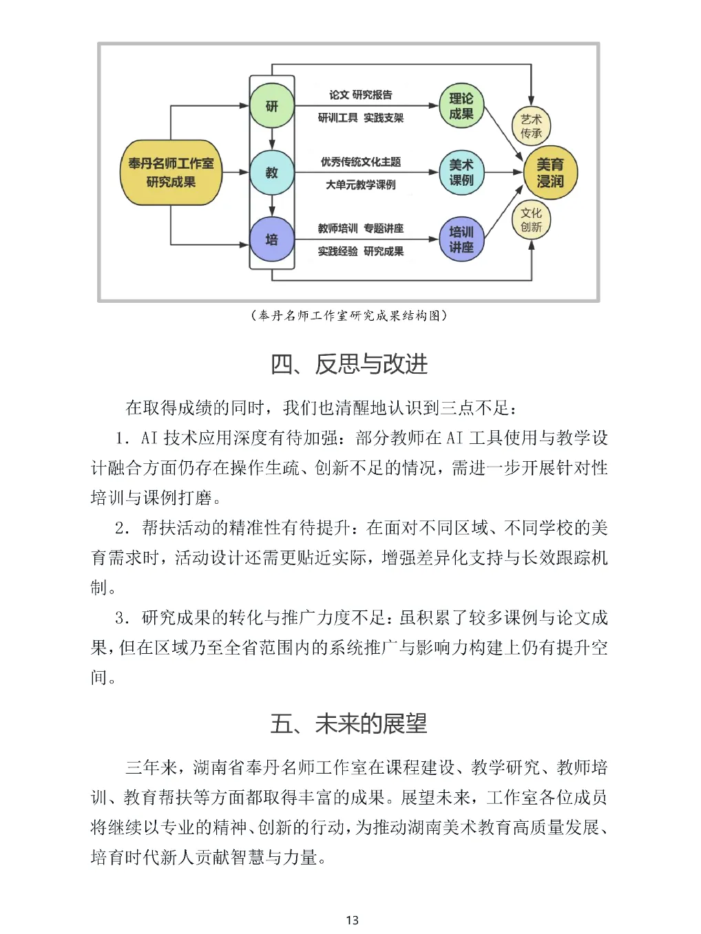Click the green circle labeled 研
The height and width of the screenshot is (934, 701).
(272, 106)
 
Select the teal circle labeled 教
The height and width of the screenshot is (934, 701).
(272, 173)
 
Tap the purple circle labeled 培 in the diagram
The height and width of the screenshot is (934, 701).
(272, 240)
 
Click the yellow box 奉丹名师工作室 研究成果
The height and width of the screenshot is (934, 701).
(171, 173)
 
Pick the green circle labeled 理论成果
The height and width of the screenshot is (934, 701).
(461, 106)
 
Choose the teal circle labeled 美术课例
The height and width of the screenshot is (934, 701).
(461, 173)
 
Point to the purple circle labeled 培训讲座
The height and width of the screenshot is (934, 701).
(461, 240)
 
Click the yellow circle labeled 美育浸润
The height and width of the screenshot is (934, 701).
(550, 173)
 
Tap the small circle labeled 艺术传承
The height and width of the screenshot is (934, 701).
(531, 126)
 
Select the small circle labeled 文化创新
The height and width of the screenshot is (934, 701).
(531, 220)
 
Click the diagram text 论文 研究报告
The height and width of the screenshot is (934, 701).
(360, 95)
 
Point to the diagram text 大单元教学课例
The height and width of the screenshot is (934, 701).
(360, 184)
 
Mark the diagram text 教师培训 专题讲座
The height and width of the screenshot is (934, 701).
(360, 229)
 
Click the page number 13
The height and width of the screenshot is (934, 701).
(353, 920)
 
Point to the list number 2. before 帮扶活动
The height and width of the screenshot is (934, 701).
(123, 528)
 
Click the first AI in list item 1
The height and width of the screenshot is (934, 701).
(149, 438)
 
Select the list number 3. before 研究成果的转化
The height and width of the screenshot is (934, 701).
(123, 617)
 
